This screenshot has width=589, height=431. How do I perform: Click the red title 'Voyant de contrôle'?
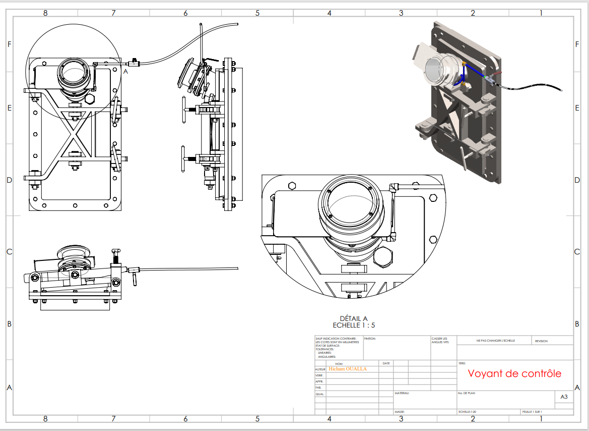[x=514, y=374]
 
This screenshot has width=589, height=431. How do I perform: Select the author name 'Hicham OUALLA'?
[x=348, y=369]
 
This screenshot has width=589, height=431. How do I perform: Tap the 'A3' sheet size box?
[x=564, y=397]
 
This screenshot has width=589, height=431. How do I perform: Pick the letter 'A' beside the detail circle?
[x=126, y=72]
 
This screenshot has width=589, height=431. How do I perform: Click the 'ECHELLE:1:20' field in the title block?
[x=468, y=412]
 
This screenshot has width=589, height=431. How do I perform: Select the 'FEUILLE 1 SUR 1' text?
[x=532, y=412]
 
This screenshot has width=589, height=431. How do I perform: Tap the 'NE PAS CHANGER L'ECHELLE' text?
[x=496, y=341]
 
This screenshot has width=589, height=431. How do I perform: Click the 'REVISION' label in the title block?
[x=541, y=341]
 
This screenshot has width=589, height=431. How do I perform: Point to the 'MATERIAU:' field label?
[x=402, y=393]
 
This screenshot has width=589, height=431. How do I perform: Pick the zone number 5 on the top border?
[x=257, y=13]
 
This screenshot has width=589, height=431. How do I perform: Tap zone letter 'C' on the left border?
[x=9, y=252]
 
